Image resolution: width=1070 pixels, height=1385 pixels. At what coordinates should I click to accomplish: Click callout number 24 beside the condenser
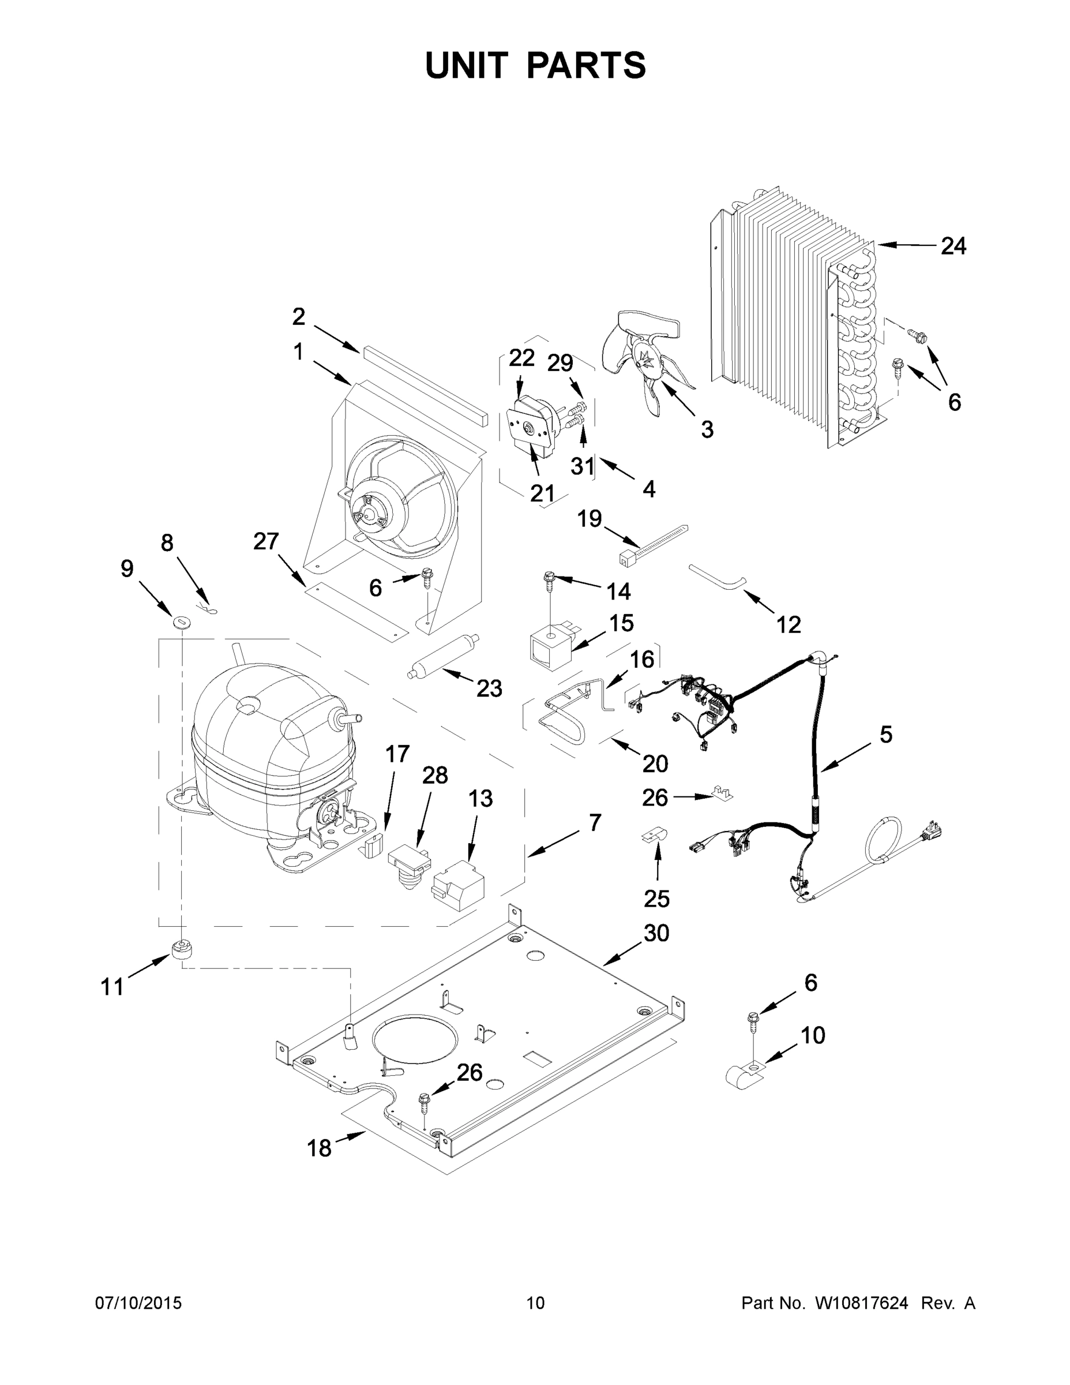(953, 246)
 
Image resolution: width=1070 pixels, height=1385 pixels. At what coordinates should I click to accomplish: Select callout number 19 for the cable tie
(589, 518)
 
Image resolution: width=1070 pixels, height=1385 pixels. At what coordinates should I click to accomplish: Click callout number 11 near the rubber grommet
(112, 987)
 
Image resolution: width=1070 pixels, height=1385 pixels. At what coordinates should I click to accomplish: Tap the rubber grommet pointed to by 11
(181, 949)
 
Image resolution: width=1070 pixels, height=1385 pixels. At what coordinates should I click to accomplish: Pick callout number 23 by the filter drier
(489, 688)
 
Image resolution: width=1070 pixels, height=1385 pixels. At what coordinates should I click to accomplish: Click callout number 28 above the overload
(435, 775)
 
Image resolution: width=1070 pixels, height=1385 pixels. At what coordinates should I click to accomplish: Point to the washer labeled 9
(182, 620)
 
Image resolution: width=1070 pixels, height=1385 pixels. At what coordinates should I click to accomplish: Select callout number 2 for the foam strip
(299, 316)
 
